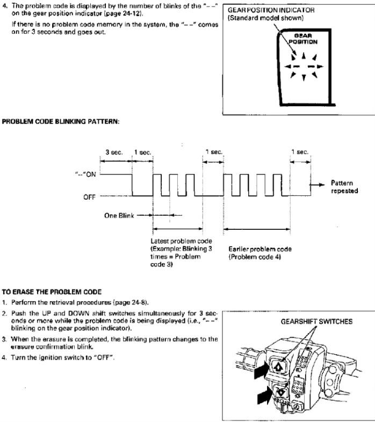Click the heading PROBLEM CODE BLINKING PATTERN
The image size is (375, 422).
pyautogui.click(x=60, y=122)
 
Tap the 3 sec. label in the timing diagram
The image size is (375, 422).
pyautogui.click(x=114, y=152)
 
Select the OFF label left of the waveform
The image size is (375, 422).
pyautogui.click(x=89, y=197)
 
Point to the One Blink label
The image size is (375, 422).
pyautogui.click(x=119, y=216)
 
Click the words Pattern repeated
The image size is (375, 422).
pyautogui.click(x=344, y=187)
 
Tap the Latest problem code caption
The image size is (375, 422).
pyautogui.click(x=181, y=241)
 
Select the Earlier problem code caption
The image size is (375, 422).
pyautogui.click(x=260, y=249)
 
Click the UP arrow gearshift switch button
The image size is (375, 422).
pyautogui.click(x=277, y=366)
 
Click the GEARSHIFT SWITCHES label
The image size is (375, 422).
pyautogui.click(x=316, y=322)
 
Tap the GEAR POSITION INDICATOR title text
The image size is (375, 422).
pyautogui.click(x=271, y=10)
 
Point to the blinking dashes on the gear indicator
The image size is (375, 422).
pyautogui.click(x=304, y=67)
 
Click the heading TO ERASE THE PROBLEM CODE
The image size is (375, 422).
pyautogui.click(x=52, y=292)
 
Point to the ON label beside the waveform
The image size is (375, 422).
pyautogui.click(x=90, y=174)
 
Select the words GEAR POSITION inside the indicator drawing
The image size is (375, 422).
pyautogui.click(x=303, y=39)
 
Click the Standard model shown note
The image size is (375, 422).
pyautogui.click(x=265, y=18)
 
